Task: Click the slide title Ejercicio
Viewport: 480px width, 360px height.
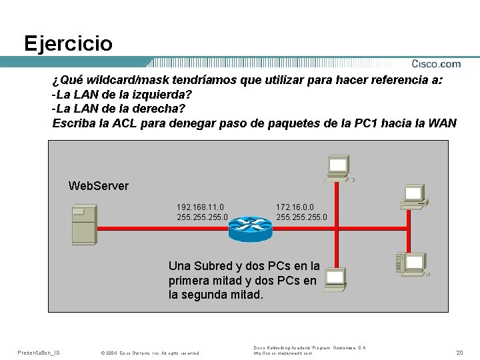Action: [x=68, y=44]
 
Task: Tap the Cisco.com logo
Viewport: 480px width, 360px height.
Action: [x=436, y=64]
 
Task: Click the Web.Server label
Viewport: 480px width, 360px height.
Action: [x=99, y=186]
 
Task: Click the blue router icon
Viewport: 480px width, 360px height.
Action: [x=250, y=228]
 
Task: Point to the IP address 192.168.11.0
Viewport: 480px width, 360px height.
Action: [x=201, y=207]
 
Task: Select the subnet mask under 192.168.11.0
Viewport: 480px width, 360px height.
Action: [x=203, y=217]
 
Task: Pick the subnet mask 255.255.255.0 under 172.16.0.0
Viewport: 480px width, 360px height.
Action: [x=302, y=217]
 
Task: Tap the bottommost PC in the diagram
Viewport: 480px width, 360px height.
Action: [x=335, y=280]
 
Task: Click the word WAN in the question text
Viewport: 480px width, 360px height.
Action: [x=443, y=123]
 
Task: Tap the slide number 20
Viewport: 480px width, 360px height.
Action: [x=459, y=351]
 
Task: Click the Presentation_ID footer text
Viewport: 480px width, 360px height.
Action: [x=39, y=351]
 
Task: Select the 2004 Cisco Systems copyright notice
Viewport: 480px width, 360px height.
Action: [x=149, y=352]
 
